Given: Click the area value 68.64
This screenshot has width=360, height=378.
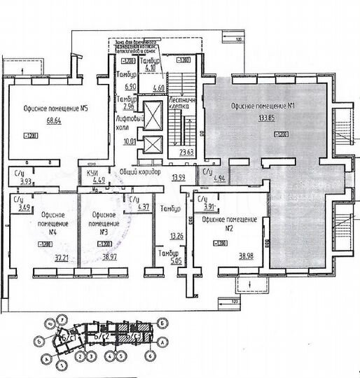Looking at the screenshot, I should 55,120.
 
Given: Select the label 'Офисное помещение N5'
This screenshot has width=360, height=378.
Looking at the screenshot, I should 54,108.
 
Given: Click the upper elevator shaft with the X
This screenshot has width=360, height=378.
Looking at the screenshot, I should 154,113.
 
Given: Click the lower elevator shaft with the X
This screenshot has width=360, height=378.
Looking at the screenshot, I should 154,146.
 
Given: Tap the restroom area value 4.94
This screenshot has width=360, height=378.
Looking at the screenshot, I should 220,180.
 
